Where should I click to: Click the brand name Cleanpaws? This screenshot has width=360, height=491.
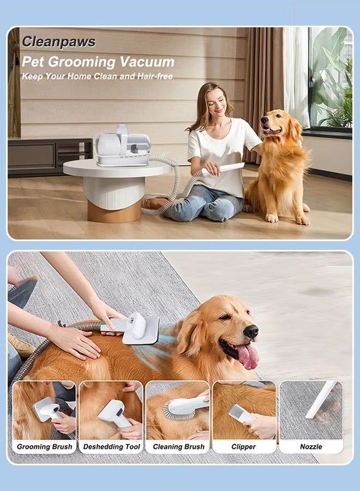(58, 42)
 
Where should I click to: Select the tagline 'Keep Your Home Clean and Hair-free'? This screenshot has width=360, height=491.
(97, 76)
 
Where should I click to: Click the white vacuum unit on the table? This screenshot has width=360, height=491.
(122, 146)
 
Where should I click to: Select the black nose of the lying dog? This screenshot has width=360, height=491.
(250, 331)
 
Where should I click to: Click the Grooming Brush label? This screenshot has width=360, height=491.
(44, 447)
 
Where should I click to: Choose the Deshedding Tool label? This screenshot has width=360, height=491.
(111, 447)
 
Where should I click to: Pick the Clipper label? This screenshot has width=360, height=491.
(244, 447)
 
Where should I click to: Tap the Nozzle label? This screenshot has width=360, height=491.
(311, 447)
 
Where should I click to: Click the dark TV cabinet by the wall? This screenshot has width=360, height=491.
(49, 157)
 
